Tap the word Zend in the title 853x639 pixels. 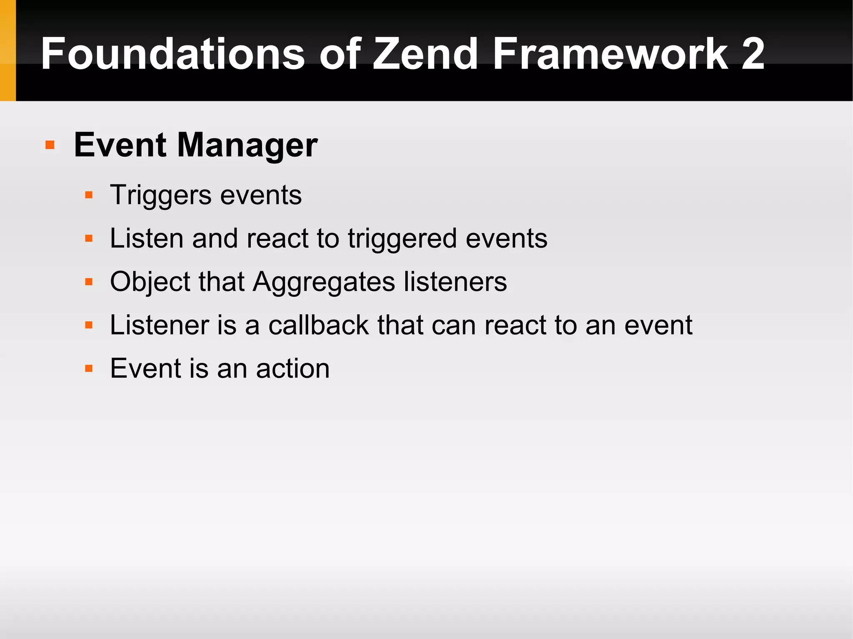(425, 54)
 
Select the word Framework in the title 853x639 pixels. (610, 54)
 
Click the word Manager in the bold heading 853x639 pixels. (247, 146)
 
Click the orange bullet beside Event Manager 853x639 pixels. (50, 145)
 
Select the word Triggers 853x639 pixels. (161, 195)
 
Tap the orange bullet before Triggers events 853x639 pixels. (89, 195)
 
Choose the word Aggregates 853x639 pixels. (324, 282)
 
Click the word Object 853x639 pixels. (150, 282)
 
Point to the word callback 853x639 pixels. (319, 325)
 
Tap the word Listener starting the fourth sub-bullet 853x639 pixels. (159, 325)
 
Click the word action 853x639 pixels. (292, 369)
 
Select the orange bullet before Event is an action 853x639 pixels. (89, 368)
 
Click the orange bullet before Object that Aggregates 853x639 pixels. (89, 282)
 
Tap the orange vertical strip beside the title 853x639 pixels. (7, 50)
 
